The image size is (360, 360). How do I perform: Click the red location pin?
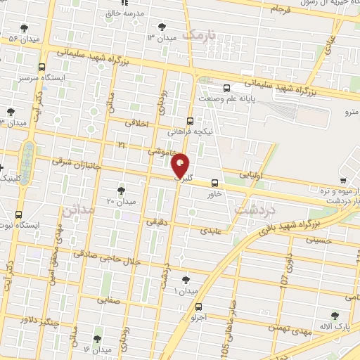(x=181, y=165)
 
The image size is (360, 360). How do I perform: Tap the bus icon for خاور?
(x=215, y=182)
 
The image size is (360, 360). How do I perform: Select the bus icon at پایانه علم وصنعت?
(x=226, y=89)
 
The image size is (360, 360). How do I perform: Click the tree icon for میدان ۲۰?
(x=121, y=190)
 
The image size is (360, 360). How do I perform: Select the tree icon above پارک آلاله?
(x=336, y=316)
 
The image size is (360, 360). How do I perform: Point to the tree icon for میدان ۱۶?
(x=97, y=339)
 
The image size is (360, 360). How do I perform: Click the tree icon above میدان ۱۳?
(x=163, y=25)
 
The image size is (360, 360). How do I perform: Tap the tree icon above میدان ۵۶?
(x=25, y=28)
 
